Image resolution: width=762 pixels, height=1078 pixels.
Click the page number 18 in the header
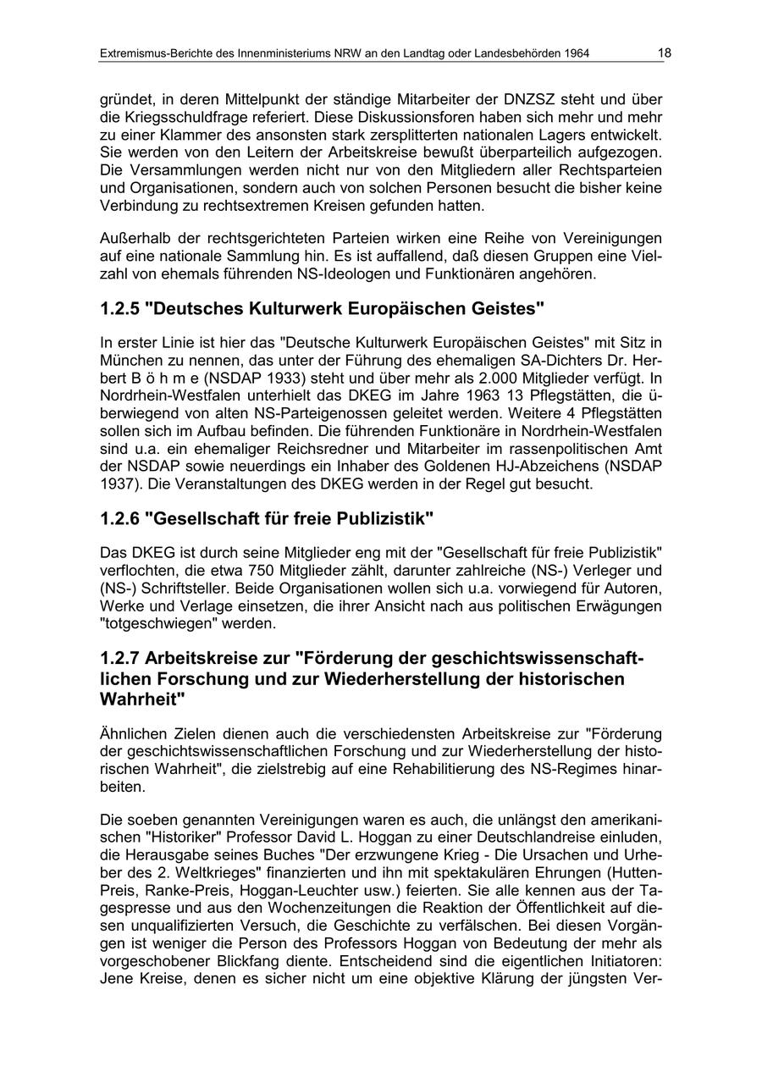(x=664, y=53)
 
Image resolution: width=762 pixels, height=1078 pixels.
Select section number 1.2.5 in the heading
(x=119, y=308)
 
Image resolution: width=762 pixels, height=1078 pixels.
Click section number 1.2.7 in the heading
(x=119, y=658)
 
